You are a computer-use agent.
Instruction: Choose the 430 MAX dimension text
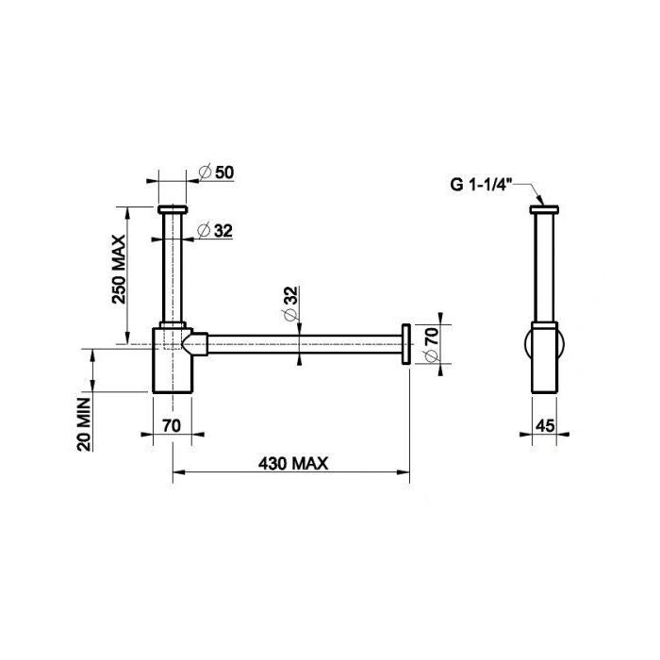(290, 463)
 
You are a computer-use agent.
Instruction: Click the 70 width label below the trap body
(171, 425)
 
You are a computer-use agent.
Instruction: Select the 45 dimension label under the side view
(545, 425)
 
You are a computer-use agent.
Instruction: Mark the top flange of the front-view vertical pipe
(173, 207)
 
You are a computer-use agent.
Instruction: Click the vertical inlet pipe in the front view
(173, 269)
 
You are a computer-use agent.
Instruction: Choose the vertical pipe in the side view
(544, 269)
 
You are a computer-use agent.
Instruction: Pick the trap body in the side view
(544, 358)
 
